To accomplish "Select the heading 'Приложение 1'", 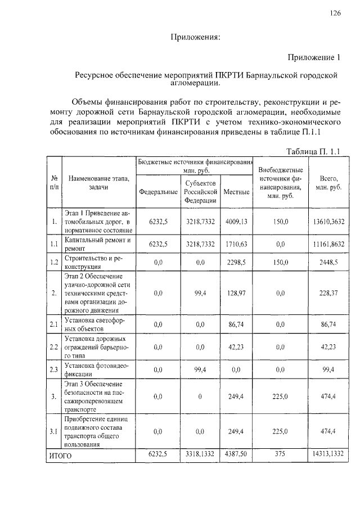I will coord(314,57).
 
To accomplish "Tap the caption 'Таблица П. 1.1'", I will coord(314,150).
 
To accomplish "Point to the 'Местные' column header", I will coord(236,192).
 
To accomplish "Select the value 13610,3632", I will coord(328,222).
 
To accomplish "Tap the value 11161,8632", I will coord(328,244).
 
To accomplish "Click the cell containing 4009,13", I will coord(236,222).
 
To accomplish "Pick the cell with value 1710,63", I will coord(236,244).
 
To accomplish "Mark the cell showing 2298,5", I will coord(236,262).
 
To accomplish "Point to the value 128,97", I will coord(236,293).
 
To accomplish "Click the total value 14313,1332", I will coord(328,454).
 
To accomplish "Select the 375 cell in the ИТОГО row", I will coord(280,454).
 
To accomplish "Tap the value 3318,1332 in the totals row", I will coord(201,454).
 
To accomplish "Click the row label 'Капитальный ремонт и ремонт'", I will coord(97,244).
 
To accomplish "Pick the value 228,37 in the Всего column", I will coord(328,293).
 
